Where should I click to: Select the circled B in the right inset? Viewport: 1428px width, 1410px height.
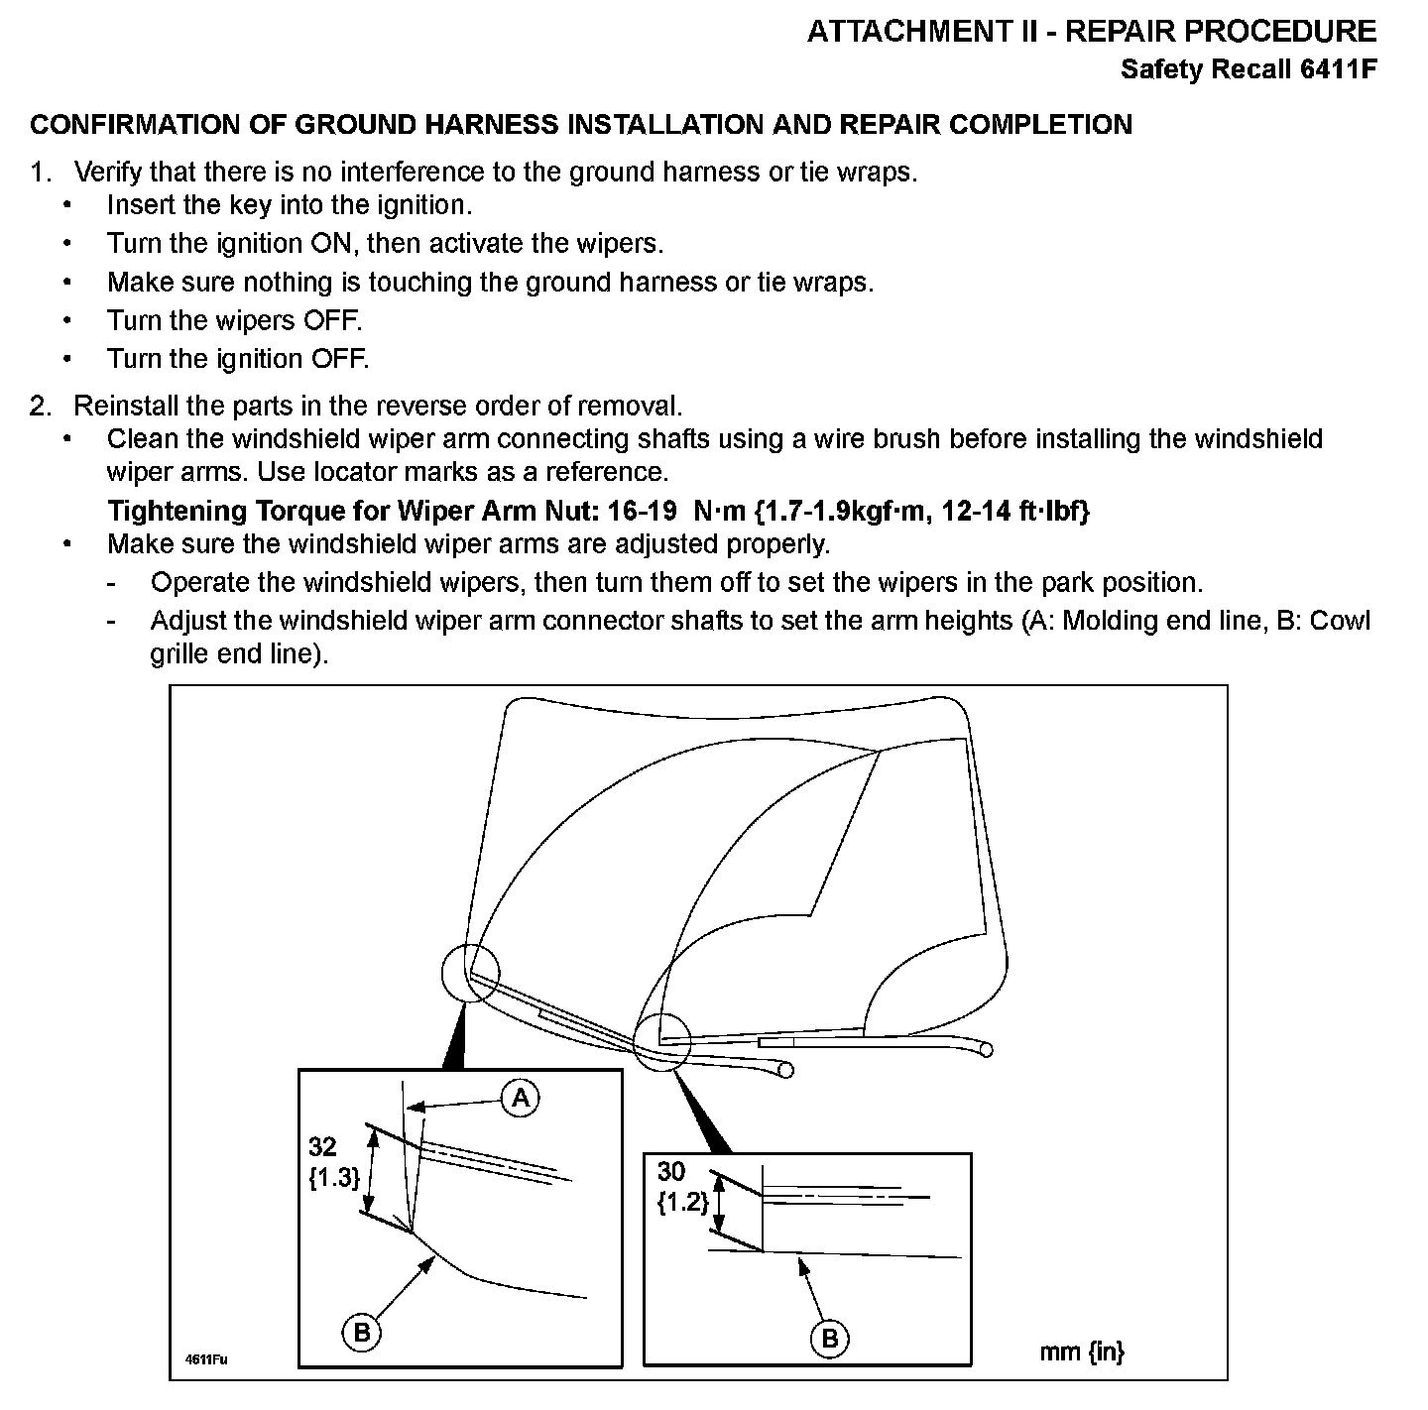click(x=830, y=1339)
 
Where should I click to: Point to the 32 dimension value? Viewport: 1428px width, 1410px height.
click(x=322, y=1147)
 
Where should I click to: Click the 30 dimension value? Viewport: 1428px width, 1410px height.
click(x=670, y=1171)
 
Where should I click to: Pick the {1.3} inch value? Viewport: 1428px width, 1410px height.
click(x=333, y=1178)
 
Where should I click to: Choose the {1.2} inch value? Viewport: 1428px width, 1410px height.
click(x=682, y=1203)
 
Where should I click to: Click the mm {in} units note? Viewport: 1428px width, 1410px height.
click(x=1081, y=1351)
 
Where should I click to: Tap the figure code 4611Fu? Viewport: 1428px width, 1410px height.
click(x=206, y=1359)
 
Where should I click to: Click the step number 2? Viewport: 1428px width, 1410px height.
click(x=39, y=407)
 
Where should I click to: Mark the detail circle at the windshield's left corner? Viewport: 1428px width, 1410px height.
click(x=470, y=973)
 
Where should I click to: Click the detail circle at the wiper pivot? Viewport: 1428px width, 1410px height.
click(x=661, y=1042)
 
